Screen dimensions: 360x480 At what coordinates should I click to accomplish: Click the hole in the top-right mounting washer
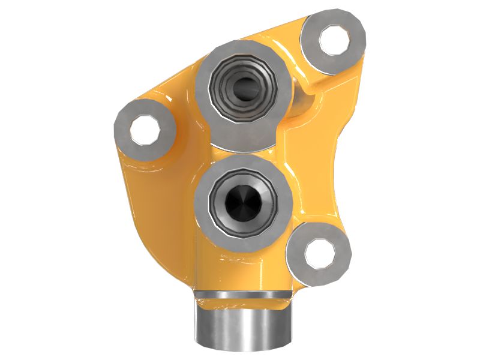[x=334, y=40]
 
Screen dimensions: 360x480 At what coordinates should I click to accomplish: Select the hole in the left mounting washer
[x=145, y=130]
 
